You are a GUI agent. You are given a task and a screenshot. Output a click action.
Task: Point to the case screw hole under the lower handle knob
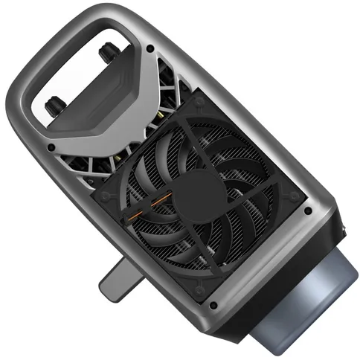click(x=51, y=147)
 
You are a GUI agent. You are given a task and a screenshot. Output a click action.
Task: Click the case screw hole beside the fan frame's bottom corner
click(x=213, y=305)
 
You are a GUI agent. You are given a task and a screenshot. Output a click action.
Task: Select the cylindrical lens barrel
click(x=305, y=298)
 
